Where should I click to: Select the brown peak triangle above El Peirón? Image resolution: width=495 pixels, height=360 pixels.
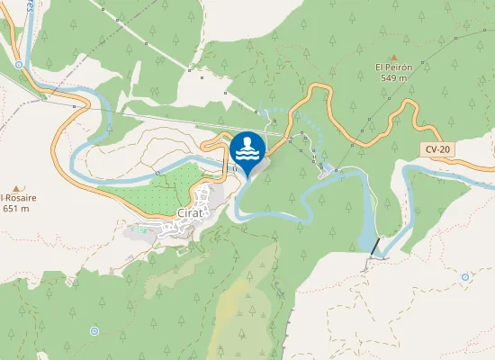[394, 56]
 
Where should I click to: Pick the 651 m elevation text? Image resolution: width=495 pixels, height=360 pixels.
[16, 208]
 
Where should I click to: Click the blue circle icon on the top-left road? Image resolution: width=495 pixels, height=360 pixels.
[18, 65]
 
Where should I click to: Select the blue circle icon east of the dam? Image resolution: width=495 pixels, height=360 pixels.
[464, 277]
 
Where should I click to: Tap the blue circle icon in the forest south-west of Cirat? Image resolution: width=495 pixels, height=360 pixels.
[94, 331]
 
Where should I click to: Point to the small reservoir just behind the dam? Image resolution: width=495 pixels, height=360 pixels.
[366, 238]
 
